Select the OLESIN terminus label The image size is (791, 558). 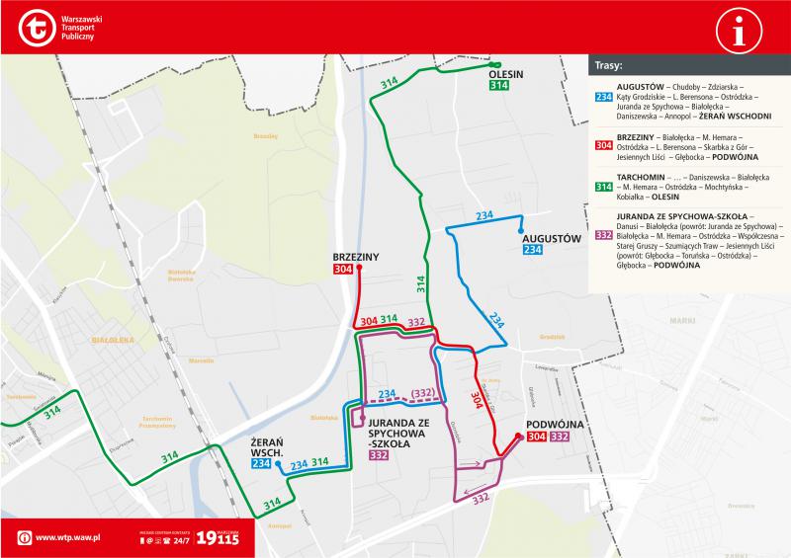(504, 74)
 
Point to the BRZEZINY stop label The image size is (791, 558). (357, 257)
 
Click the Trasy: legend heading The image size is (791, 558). (608, 68)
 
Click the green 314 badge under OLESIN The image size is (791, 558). (499, 86)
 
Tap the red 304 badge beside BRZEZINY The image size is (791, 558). (343, 270)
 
